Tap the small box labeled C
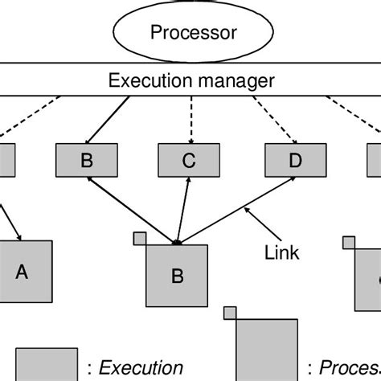(189, 160)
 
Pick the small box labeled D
(295, 160)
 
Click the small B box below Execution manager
(86, 160)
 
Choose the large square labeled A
(23, 271)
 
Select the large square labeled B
(177, 276)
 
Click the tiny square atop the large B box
(140, 239)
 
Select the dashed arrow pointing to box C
(190, 118)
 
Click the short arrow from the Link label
(256, 222)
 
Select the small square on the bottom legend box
(230, 313)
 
